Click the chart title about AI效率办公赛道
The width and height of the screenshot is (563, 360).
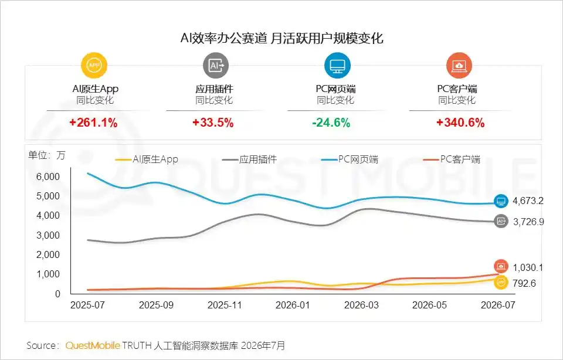[282, 38]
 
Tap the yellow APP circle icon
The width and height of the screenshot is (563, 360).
[94, 65]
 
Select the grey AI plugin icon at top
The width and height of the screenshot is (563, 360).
[216, 65]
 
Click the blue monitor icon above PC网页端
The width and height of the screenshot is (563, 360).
[337, 65]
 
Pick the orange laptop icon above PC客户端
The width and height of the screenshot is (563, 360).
[459, 65]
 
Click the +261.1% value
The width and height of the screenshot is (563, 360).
[93, 123]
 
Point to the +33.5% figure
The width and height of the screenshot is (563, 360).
[213, 123]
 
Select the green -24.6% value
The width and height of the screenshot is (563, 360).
[331, 123]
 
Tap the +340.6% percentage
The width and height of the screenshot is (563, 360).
[460, 123]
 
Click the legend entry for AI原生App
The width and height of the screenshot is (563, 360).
[147, 159]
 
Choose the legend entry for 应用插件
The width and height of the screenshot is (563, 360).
[250, 159]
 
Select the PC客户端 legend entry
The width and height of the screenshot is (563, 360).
[452, 159]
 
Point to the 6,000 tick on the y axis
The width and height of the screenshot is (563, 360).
[48, 176]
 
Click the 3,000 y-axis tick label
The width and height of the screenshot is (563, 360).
[48, 235]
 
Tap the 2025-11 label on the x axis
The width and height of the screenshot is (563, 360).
[225, 305]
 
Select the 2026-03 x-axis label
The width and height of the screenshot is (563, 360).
[361, 305]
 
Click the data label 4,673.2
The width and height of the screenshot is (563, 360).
[528, 201]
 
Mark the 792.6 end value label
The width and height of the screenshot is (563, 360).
[524, 283]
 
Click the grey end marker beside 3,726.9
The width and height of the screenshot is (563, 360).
[501, 221]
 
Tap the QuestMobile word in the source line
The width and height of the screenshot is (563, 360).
[93, 346]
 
